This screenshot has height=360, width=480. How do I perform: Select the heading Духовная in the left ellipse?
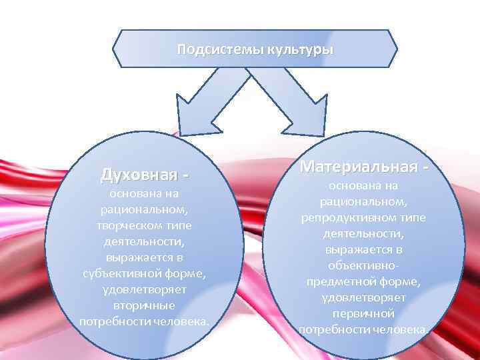[x=139, y=175]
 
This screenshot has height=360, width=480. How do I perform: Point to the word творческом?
[x=129, y=225]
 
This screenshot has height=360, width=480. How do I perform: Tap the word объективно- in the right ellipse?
[x=363, y=265]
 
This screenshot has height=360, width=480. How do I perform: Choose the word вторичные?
[x=144, y=306]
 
